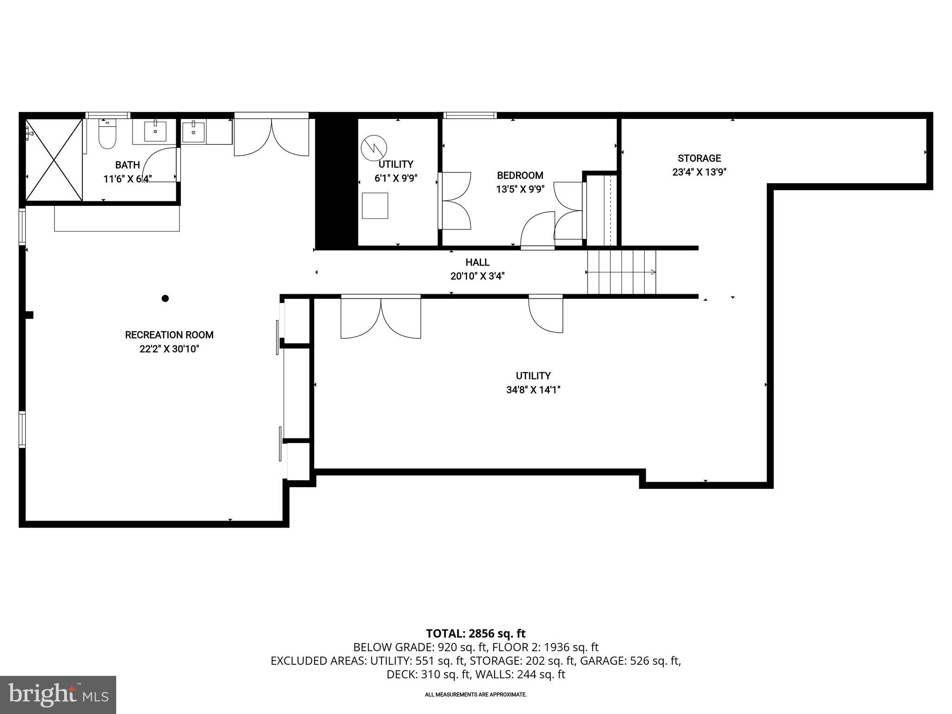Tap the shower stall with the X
tap(54, 160)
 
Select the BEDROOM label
tap(520, 175)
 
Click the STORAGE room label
tap(699, 158)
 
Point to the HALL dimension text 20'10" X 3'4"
tap(477, 276)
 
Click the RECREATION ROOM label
tap(169, 335)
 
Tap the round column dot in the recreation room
tap(165, 298)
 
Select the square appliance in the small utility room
tap(375, 205)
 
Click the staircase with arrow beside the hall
tap(621, 272)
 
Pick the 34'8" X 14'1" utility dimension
tap(533, 390)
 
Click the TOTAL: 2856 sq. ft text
tap(476, 633)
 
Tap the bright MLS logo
tap(58, 694)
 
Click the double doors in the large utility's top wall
tap(381, 317)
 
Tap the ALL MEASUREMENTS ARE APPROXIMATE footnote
tap(476, 694)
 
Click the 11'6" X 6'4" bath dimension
tap(127, 178)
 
